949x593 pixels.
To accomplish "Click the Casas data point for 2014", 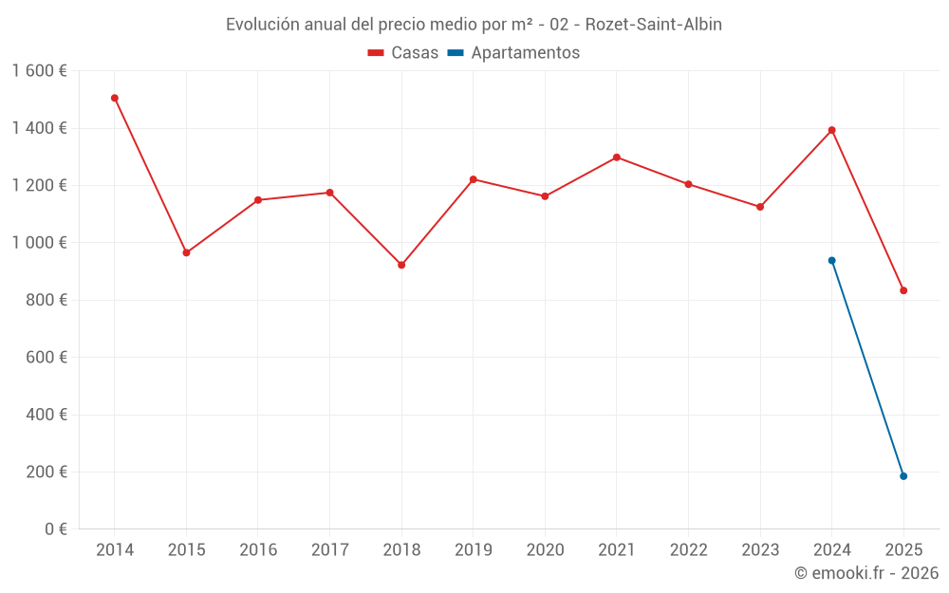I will pos(115,98).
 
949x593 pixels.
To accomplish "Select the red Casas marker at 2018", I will pos(401,265).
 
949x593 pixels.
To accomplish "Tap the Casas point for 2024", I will pos(831,130).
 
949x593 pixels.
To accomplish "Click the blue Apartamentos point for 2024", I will pos(831,260).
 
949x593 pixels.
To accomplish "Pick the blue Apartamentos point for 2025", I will pos(903,476).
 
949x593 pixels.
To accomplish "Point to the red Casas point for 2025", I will pos(903,290).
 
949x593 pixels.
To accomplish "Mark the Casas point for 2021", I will pos(617,158).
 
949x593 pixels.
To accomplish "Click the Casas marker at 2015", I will pos(186,252).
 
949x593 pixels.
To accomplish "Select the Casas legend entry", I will pos(403,53).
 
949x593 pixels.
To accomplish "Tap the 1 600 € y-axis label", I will pos(39,71).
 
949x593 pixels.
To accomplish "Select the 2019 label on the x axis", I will pos(473,550).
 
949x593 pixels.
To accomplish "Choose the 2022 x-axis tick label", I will pos(688,550).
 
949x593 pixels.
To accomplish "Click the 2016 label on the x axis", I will pos(258,550).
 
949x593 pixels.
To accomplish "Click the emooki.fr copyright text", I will pos(865,573).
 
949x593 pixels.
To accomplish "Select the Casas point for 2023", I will pos(760,207).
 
